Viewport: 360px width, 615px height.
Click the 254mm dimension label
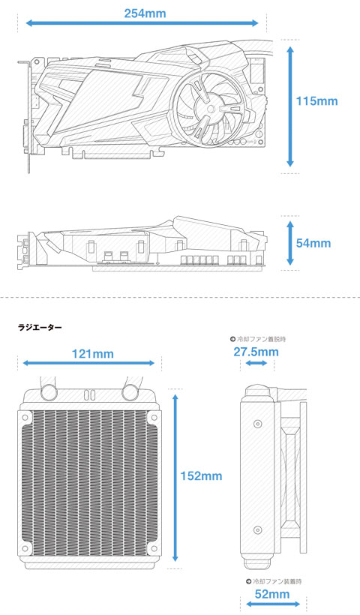pos(145,13)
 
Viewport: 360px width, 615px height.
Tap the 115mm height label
pos(316,101)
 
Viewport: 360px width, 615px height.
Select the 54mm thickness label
pos(313,243)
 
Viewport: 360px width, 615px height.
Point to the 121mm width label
pos(92,354)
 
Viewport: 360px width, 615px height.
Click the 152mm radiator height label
pos(201,476)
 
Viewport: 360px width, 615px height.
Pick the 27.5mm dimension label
pos(256,352)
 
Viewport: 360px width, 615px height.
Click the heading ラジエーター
pos(40,327)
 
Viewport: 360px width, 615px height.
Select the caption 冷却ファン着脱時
pos(258,339)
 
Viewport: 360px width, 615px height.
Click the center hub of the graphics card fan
pos(211,108)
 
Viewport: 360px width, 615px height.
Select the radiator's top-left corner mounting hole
pos(25,417)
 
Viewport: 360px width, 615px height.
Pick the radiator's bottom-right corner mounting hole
pos(153,548)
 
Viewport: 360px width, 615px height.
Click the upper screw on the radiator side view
pos(258,424)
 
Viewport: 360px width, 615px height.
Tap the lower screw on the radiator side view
pos(258,530)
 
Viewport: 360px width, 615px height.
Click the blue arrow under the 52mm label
pos(273,604)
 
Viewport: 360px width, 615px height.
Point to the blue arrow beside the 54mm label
pos(290,243)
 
